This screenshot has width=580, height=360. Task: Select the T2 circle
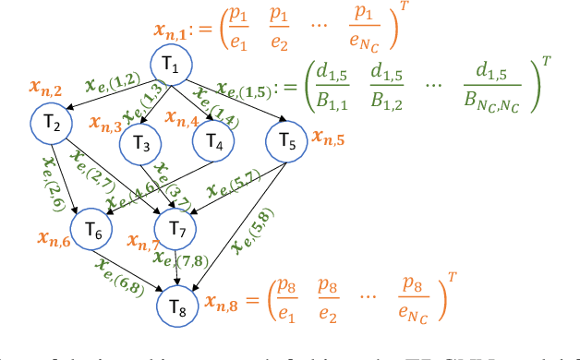pyautogui.click(x=53, y=123)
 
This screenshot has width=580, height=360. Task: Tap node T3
pyautogui.click(x=141, y=143)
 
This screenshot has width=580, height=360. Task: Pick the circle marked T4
pyautogui.click(x=214, y=143)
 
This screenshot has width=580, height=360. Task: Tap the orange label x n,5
pyautogui.click(x=330, y=139)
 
